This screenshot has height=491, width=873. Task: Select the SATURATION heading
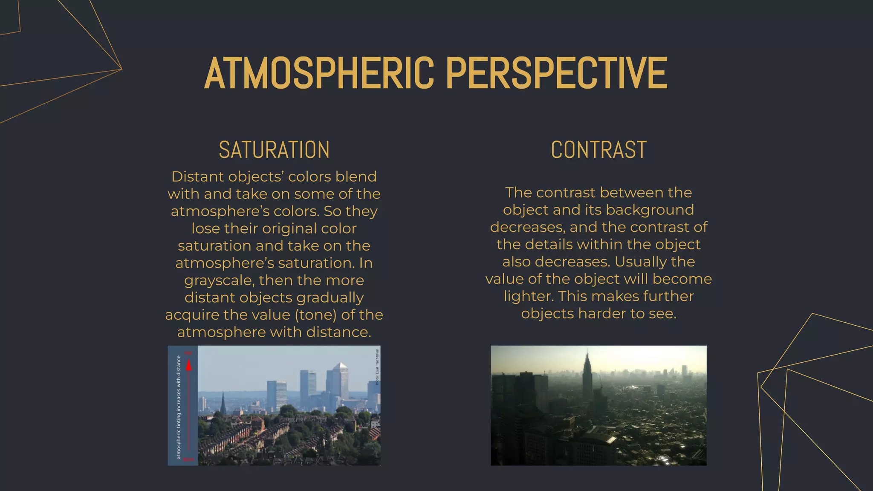(274, 150)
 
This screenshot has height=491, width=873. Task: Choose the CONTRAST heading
(598, 150)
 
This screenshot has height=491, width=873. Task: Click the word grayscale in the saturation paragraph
(218, 280)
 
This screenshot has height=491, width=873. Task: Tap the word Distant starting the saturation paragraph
(197, 176)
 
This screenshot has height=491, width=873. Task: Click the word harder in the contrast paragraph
(602, 314)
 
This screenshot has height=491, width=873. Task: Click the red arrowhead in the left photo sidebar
(189, 365)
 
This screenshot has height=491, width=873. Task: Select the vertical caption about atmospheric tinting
(179, 407)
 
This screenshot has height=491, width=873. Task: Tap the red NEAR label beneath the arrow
(189, 459)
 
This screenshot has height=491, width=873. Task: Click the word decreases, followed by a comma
(527, 227)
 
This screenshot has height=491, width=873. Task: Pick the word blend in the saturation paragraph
(356, 176)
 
